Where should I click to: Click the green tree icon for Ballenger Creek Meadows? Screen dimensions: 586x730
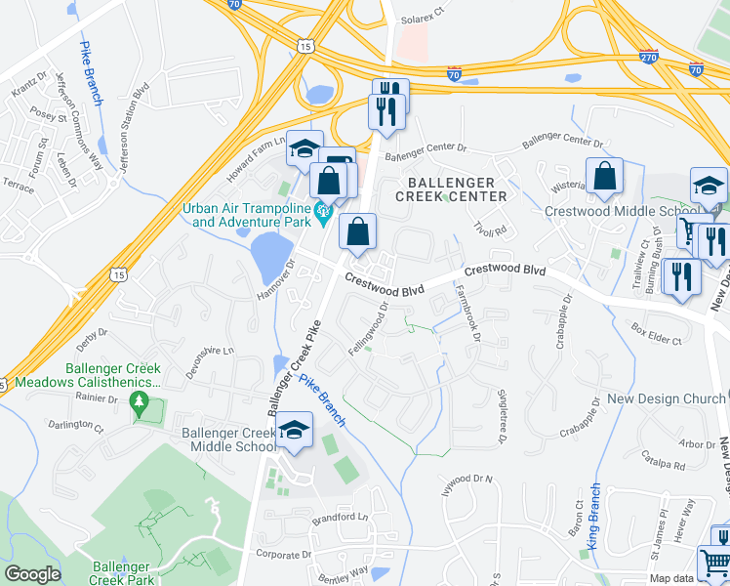coord(139,401)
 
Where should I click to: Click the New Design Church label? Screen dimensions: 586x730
coord(667,398)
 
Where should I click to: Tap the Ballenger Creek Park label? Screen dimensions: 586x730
coord(123,573)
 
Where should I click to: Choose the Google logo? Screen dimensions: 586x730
coord(32,574)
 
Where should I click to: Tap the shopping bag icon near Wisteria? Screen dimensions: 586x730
coord(604,177)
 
